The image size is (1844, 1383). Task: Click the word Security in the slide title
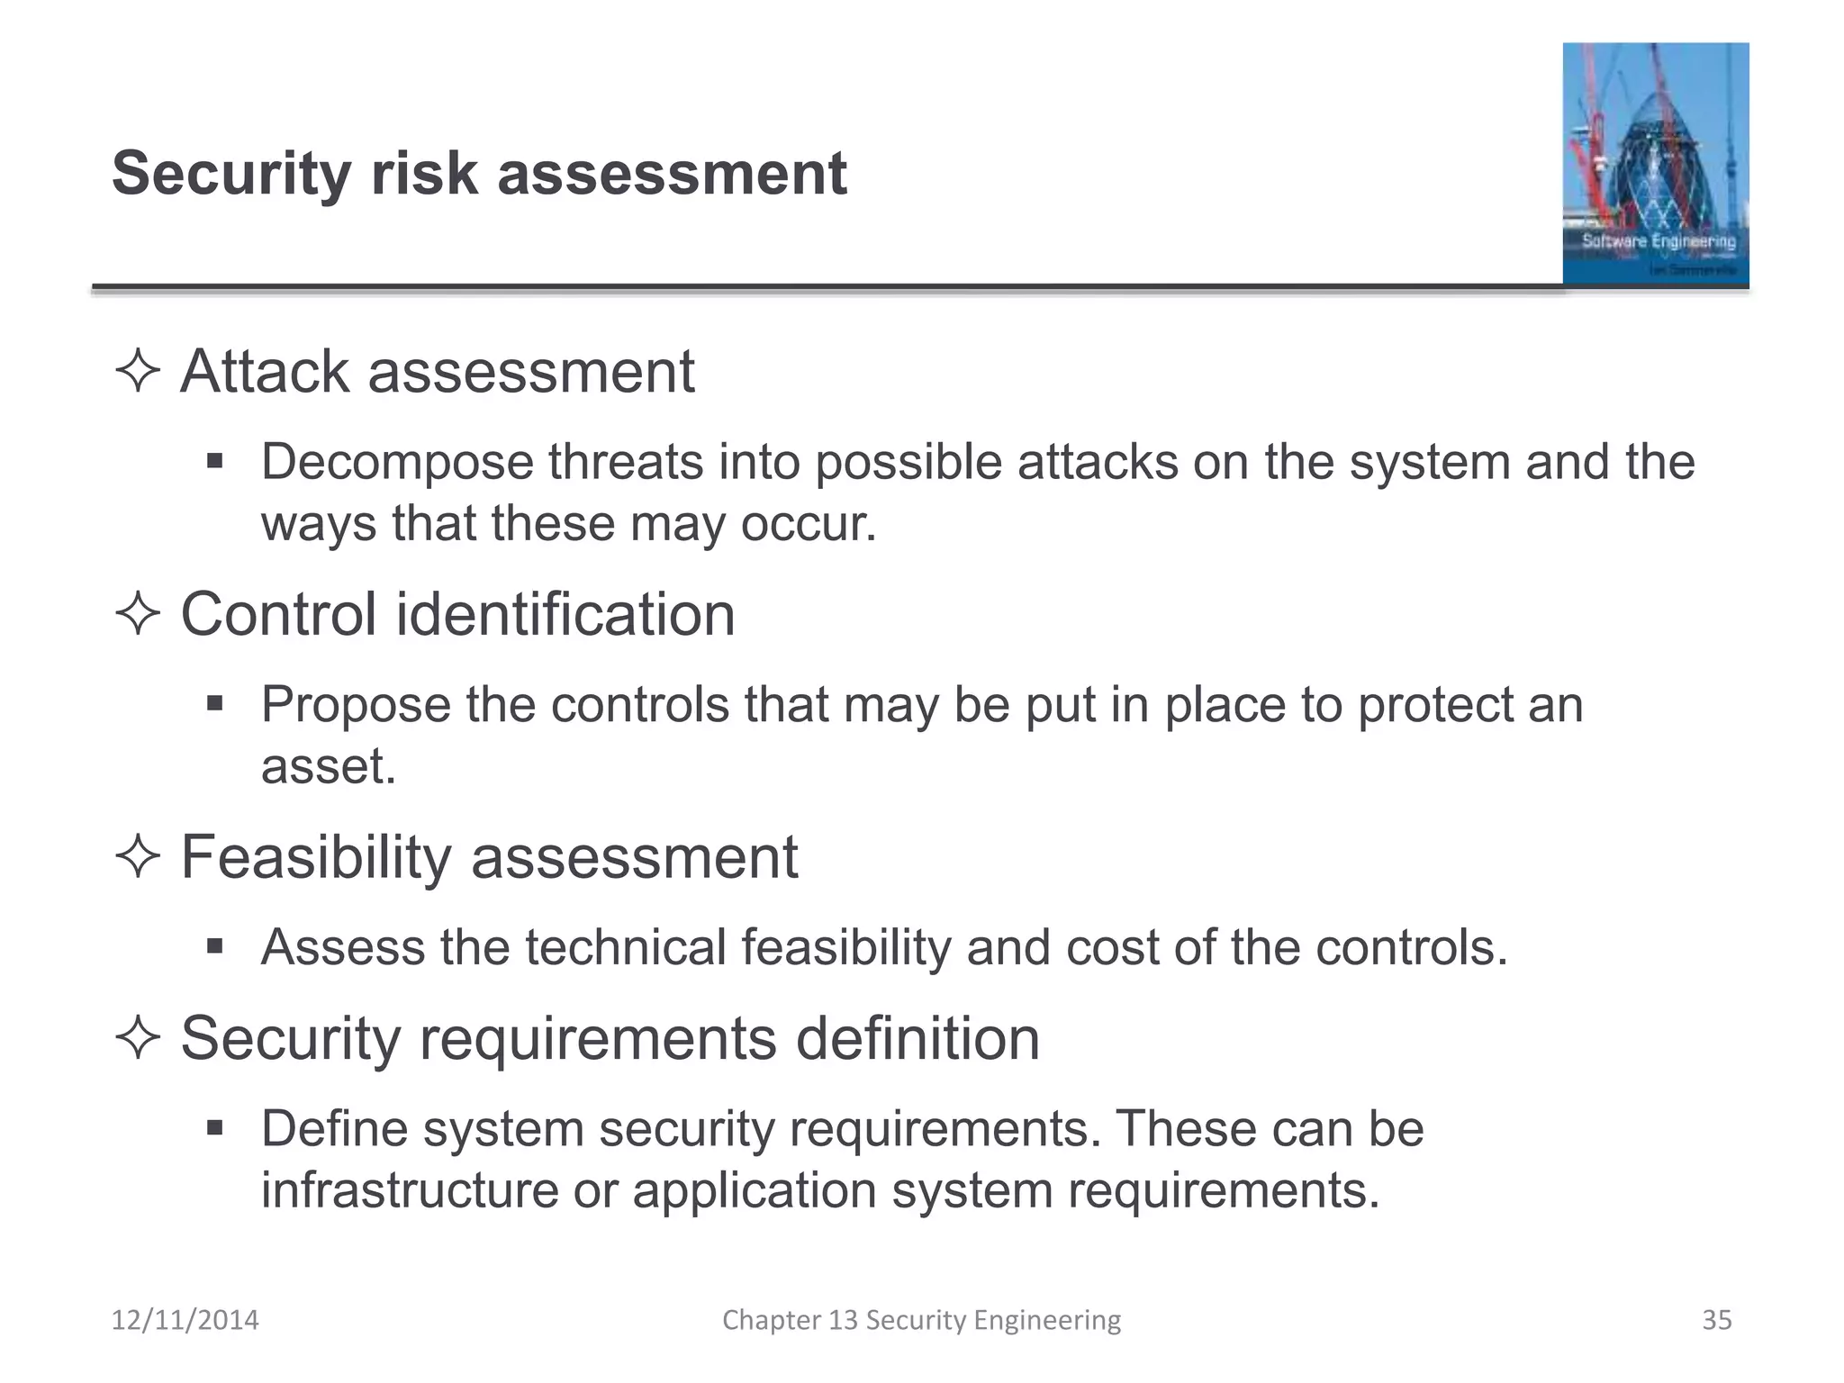click(x=230, y=174)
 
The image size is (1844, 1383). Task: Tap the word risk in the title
click(x=424, y=174)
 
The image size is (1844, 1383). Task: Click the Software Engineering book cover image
click(x=1655, y=164)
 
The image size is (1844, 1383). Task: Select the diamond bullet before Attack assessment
click(x=138, y=371)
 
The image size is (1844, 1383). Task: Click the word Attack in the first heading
click(x=264, y=371)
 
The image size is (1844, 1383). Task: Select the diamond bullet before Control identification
click(x=138, y=614)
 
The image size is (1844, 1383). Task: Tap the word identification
click(x=565, y=614)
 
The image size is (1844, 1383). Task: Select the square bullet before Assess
click(x=214, y=945)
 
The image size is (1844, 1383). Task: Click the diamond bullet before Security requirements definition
click(x=138, y=1037)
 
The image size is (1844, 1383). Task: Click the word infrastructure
click(x=410, y=1190)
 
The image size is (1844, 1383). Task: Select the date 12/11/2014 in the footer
click(x=185, y=1320)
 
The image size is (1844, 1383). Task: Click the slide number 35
click(x=1716, y=1320)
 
